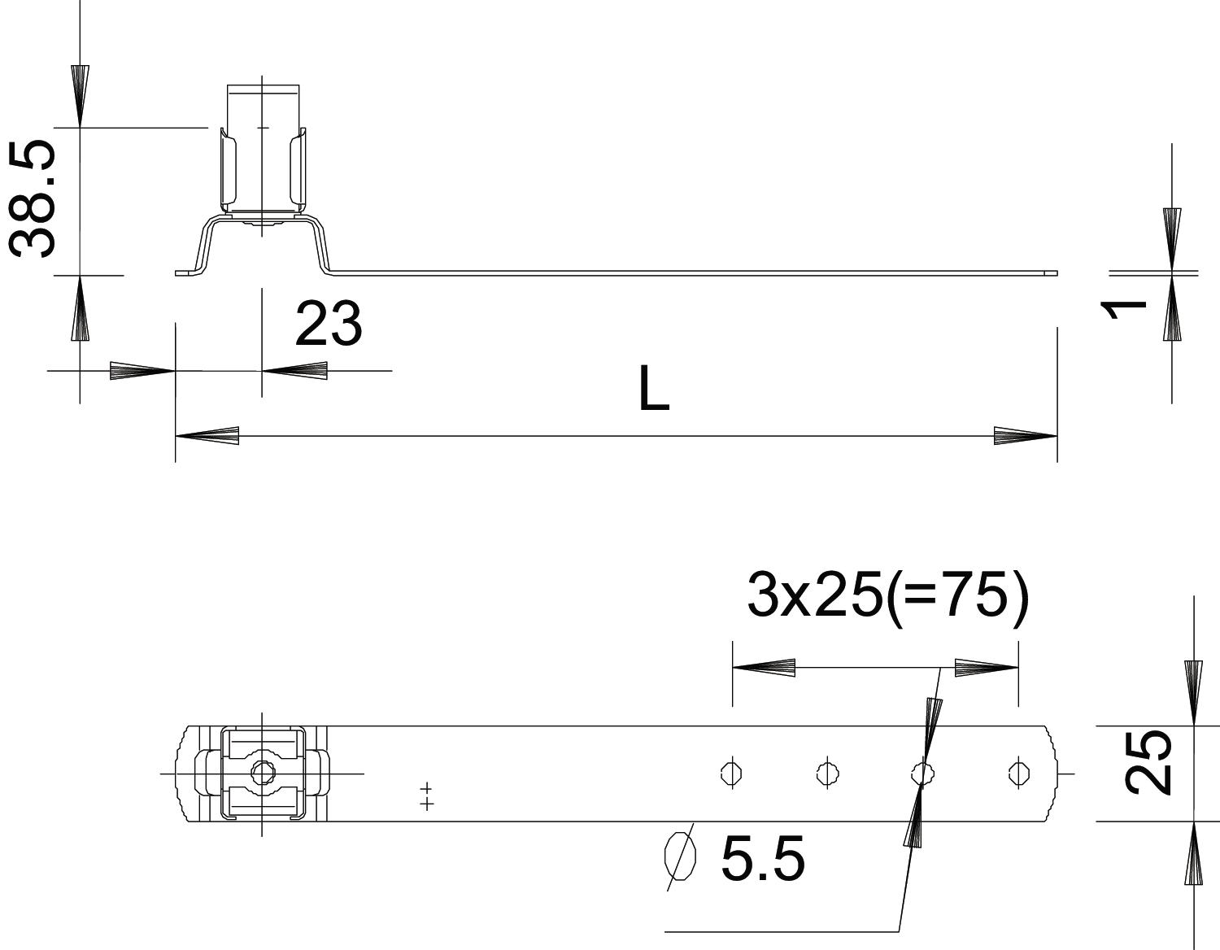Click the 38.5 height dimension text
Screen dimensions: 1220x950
pyautogui.click(x=33, y=199)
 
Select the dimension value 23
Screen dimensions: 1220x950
pyautogui.click(x=329, y=324)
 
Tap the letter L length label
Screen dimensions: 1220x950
pyautogui.click(x=654, y=387)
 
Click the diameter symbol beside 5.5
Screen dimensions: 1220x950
pyautogui.click(x=680, y=856)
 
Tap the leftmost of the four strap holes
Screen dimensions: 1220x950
pyautogui.click(x=731, y=774)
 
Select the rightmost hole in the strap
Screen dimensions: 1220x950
pyautogui.click(x=1018, y=774)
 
